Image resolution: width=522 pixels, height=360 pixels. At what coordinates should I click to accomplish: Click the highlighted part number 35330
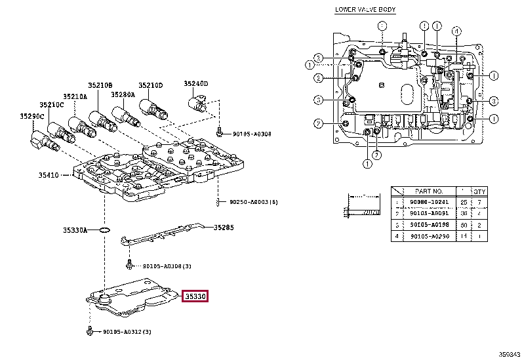[195, 296]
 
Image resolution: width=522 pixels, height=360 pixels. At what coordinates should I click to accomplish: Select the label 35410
[49, 175]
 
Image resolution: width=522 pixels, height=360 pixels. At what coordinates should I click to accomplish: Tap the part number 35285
[224, 228]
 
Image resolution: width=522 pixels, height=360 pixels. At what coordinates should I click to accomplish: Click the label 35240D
[195, 84]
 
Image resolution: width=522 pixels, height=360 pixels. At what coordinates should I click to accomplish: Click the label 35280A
[123, 94]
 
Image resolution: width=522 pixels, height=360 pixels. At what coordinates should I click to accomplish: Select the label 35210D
[150, 85]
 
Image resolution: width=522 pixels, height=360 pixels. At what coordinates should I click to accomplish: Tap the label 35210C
[51, 105]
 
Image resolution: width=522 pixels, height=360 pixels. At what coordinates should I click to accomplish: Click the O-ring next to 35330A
[104, 230]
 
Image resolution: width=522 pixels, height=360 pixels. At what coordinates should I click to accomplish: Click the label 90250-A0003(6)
[254, 201]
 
